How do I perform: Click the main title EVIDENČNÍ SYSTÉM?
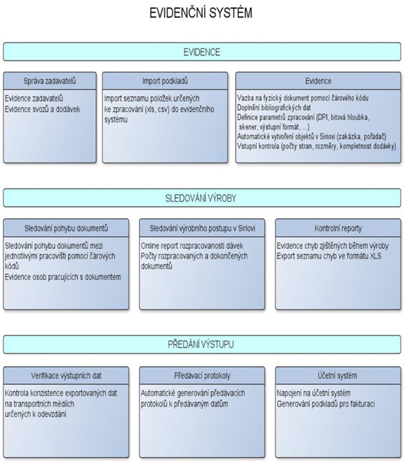tap(201, 13)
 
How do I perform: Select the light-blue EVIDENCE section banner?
tap(202, 52)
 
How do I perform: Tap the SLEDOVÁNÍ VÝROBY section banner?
tap(202, 198)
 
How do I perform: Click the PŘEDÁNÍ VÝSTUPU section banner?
tap(202, 344)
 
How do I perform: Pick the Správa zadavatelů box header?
tap(50, 81)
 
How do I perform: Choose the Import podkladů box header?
tap(165, 81)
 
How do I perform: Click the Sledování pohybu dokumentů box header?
tap(66, 228)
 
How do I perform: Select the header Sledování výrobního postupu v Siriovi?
tap(202, 228)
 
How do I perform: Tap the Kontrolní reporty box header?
tap(338, 228)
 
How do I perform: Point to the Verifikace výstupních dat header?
tap(66, 376)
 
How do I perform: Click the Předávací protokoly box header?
tap(202, 376)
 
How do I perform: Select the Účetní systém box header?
tap(338, 376)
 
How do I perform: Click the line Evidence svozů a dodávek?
tap(42, 109)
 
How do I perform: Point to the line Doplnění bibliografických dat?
tap(274, 107)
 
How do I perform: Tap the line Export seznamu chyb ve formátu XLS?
tap(329, 256)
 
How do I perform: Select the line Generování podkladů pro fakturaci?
tap(326, 404)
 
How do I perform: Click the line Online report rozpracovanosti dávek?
tap(192, 246)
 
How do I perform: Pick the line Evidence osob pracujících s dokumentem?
tap(63, 277)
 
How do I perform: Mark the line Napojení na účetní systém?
tap(314, 393)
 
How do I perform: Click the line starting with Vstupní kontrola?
tap(317, 146)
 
